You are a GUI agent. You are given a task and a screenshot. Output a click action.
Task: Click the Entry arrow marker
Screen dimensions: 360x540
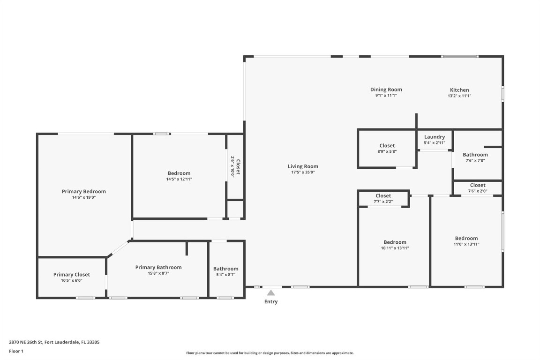[x=270, y=292]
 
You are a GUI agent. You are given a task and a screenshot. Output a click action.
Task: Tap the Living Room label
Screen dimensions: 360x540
[x=303, y=166]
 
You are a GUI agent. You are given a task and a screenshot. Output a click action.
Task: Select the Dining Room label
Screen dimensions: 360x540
[x=386, y=90]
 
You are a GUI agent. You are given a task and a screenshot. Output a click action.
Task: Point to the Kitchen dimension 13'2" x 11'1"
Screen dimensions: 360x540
[x=459, y=96]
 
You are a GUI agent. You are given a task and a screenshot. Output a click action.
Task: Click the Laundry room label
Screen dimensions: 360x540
[x=434, y=137]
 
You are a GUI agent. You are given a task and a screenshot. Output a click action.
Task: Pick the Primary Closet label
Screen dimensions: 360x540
[x=71, y=275]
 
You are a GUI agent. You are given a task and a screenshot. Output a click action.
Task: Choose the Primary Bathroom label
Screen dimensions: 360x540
[x=158, y=267]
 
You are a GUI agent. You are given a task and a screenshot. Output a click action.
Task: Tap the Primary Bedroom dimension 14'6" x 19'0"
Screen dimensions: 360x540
[x=83, y=197]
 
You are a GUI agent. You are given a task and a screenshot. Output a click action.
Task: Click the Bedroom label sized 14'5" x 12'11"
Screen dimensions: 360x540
[x=179, y=173]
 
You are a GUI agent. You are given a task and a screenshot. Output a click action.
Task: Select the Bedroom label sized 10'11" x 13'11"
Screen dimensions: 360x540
[x=395, y=242]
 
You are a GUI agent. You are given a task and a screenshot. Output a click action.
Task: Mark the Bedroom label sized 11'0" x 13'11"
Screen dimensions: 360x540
[x=466, y=238]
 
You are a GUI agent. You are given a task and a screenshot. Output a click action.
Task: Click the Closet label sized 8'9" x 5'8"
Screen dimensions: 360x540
[x=387, y=146]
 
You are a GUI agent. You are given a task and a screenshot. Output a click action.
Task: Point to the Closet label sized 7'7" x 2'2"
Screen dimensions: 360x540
[x=383, y=196]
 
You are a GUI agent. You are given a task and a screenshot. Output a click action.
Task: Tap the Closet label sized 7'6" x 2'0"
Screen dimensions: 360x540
[x=478, y=185]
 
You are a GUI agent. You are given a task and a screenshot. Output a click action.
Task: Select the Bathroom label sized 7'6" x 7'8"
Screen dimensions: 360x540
[x=475, y=155]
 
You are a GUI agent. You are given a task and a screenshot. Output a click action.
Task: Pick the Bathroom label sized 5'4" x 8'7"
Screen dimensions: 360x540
[x=225, y=269]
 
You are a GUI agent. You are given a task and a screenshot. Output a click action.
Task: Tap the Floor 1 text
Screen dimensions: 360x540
[x=16, y=351]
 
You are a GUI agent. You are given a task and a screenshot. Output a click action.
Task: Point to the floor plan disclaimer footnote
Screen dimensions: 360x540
[x=270, y=353]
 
